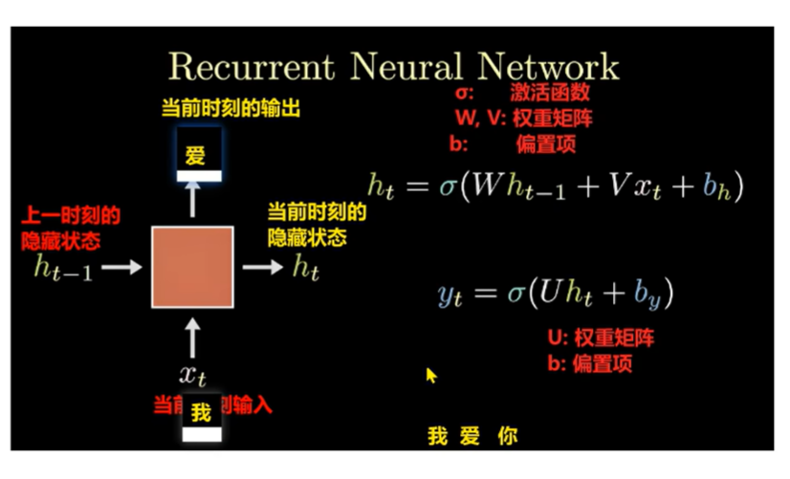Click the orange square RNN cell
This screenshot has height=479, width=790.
pos(191,267)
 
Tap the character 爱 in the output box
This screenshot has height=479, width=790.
pos(196,155)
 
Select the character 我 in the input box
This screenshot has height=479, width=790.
pos(200,413)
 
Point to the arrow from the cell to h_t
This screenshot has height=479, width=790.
pos(262,268)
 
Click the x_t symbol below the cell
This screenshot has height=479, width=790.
pos(192,374)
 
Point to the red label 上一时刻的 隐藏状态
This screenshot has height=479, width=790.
pos(71,228)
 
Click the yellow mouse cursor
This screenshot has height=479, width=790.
pos(431,375)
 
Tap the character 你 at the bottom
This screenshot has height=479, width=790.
pos(508,437)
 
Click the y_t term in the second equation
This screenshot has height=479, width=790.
pos(450,294)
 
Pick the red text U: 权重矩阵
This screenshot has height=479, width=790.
pos(600,338)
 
